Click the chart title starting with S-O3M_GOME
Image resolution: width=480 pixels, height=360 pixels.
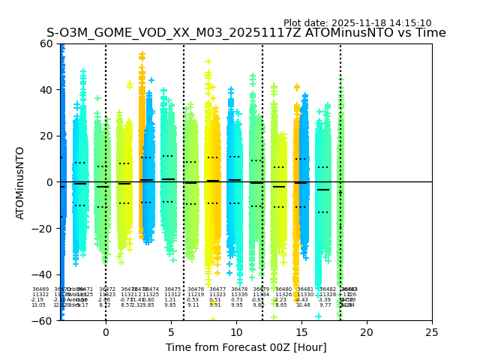[246, 33]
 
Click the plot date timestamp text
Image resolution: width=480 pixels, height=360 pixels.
[357, 23]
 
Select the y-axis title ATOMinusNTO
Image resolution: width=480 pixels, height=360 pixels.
[20, 182]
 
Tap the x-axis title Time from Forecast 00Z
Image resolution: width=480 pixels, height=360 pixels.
[246, 347]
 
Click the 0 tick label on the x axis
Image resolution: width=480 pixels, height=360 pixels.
[106, 332]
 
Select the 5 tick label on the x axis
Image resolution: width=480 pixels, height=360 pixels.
[171, 332]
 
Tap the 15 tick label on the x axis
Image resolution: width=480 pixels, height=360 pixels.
[301, 332]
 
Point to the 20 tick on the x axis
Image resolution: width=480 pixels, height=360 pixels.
[367, 332]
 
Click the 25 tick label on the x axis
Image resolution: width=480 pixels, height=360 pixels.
[432, 332]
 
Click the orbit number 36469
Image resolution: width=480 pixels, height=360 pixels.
[40, 289]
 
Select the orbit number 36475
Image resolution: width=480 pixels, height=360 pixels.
[172, 289]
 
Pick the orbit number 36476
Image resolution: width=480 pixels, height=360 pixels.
[196, 289]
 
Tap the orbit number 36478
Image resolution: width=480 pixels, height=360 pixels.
[239, 289]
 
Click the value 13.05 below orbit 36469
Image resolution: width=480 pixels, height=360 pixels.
[38, 305]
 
